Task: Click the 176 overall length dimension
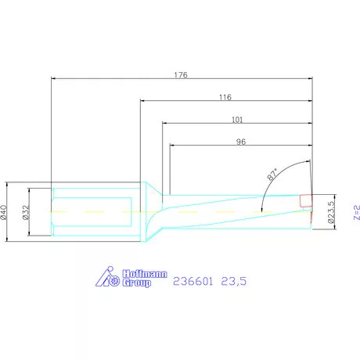pos(182,75)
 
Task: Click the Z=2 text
pos(355,211)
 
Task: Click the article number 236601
pos(193,278)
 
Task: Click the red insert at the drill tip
pos(306,202)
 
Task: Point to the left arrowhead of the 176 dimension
pos(54,79)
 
